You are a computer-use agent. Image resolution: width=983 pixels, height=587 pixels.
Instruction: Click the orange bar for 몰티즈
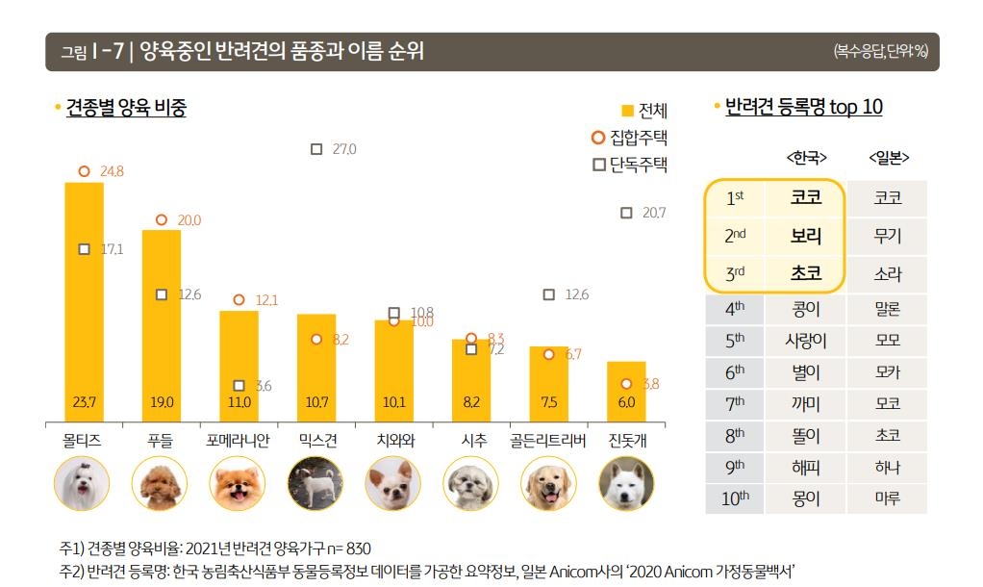[84, 298]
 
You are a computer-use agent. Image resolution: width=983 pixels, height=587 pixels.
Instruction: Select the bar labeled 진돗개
[626, 391]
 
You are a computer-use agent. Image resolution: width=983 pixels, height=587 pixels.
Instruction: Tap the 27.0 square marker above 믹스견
[316, 149]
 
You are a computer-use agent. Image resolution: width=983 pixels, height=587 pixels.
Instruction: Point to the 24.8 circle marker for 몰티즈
[84, 171]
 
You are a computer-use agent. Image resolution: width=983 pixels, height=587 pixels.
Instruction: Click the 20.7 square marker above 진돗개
[626, 213]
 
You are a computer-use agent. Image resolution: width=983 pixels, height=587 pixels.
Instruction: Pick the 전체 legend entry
[644, 111]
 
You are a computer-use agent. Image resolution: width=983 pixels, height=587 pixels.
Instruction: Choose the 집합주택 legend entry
[630, 137]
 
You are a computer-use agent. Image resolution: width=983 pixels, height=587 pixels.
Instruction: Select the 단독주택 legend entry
[630, 165]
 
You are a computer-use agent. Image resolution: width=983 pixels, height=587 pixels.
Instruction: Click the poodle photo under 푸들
[161, 484]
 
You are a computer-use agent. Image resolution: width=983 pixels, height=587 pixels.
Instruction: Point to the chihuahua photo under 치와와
[393, 484]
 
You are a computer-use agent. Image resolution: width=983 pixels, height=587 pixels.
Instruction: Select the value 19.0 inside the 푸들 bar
[161, 402]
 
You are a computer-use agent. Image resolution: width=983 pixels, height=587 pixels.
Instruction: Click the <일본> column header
[888, 157]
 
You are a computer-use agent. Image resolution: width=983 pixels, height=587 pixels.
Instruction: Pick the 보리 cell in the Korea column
[806, 235]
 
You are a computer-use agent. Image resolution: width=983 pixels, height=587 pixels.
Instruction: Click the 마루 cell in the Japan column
[888, 498]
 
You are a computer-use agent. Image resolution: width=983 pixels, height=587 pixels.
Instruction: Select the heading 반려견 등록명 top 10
[803, 107]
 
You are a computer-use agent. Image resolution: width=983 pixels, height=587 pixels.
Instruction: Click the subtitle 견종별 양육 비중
[126, 108]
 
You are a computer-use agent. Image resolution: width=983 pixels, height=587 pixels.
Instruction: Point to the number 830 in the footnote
[357, 548]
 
